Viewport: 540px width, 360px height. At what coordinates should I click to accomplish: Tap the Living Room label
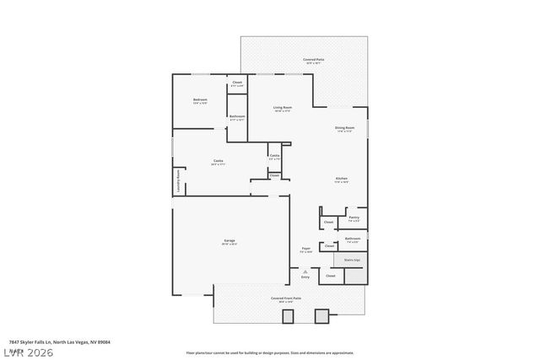pyautogui.click(x=282, y=108)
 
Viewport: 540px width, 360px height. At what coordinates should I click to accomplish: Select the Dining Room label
pyautogui.click(x=345, y=128)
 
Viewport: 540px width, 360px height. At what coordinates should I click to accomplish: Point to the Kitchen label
pyautogui.click(x=342, y=179)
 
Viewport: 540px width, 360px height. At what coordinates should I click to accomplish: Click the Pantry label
pyautogui.click(x=354, y=218)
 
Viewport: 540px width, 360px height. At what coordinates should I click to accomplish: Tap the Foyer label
pyautogui.click(x=306, y=249)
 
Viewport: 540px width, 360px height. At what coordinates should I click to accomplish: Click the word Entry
pyautogui.click(x=305, y=277)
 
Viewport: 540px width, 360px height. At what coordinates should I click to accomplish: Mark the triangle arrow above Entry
pyautogui.click(x=305, y=268)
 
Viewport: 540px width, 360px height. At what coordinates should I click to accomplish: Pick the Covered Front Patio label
pyautogui.click(x=283, y=298)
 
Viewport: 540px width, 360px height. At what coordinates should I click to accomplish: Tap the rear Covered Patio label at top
pyautogui.click(x=314, y=60)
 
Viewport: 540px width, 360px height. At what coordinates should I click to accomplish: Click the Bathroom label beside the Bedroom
pyautogui.click(x=237, y=117)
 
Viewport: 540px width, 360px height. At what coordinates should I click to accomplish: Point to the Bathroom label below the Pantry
pyautogui.click(x=353, y=239)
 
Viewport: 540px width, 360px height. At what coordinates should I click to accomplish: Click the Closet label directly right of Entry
pyautogui.click(x=331, y=276)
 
